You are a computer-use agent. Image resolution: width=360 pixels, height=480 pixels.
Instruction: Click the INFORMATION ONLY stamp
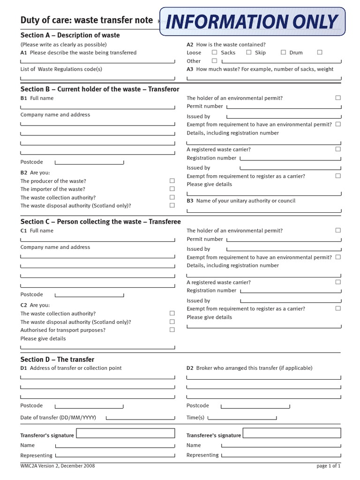[252, 22]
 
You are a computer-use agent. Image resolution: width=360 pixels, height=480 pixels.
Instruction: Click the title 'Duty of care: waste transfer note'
[87, 20]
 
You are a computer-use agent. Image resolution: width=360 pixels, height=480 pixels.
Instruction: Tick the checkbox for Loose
[214, 52]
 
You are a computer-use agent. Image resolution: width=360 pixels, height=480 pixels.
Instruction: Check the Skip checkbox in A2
[283, 52]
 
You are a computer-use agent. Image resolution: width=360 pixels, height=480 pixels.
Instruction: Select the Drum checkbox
[319, 52]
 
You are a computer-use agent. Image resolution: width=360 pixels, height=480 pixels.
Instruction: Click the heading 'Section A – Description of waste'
[70, 35]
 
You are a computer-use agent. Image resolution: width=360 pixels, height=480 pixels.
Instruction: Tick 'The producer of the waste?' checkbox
[172, 181]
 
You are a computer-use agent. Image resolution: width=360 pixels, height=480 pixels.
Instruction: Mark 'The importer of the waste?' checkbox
[172, 189]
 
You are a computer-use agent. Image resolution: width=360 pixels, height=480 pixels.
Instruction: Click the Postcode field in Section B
[89, 162]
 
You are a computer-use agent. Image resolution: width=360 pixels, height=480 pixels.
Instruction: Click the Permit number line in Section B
[283, 107]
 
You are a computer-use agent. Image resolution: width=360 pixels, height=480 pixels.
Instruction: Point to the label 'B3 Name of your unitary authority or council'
[241, 201]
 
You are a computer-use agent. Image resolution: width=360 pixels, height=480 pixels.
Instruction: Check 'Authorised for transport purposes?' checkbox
[172, 330]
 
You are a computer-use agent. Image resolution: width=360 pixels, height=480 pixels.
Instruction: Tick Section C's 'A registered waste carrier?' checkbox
[338, 282]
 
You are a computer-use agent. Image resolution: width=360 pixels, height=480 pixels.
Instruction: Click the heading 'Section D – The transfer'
[57, 360]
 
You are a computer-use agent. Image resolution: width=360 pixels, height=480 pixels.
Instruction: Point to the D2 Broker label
[249, 368]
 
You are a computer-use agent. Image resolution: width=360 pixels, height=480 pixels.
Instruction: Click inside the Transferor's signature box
[125, 433]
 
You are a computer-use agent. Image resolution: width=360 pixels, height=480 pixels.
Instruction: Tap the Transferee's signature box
[292, 433]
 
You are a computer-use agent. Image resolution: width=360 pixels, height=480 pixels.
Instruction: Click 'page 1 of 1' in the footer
[328, 466]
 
